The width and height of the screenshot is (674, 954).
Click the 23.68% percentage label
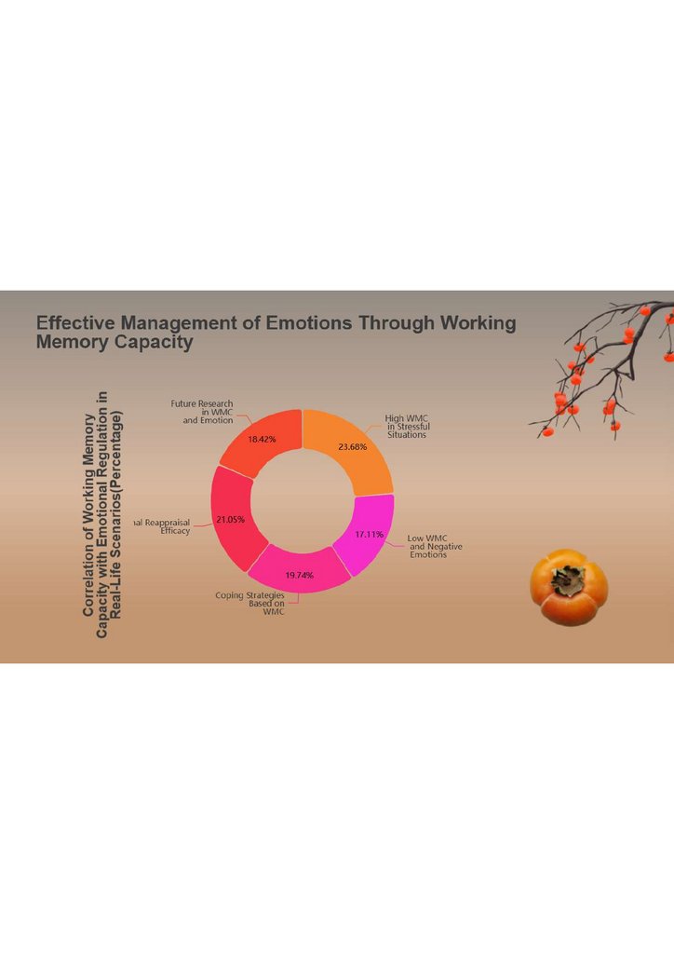coord(352,447)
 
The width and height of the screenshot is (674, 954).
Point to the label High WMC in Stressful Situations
coord(408,427)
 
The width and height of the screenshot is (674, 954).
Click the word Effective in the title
coord(77,323)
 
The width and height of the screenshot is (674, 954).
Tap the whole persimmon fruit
coord(569,588)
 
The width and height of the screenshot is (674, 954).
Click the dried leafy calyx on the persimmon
coord(564,579)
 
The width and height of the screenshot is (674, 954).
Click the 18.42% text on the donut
coord(262,439)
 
